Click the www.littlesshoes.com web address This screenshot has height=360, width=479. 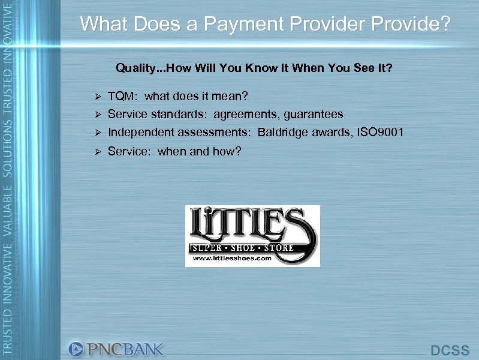pos(233,258)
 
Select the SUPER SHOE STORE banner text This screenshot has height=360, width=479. pos(242,247)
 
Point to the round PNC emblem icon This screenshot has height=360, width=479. pos(77,349)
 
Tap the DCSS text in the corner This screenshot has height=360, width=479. pos(450,350)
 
